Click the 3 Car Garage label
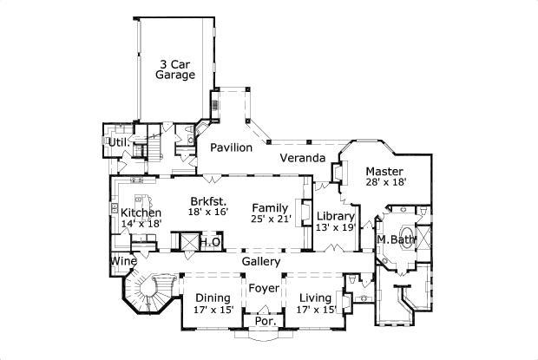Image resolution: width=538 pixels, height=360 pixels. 174,69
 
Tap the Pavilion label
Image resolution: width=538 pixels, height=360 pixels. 231,147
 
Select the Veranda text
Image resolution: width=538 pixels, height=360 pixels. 302,158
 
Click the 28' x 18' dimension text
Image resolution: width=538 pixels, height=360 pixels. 386,183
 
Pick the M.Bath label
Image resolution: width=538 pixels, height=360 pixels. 396,239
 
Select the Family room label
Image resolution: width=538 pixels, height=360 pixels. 268,207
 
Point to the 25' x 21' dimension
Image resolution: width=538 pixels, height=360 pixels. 268,219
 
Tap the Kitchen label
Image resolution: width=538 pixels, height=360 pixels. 140,213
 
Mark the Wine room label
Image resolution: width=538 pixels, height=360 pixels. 122,260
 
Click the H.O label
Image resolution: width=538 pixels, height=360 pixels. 210,242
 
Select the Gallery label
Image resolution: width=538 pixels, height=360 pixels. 260,261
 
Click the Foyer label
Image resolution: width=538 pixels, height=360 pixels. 264,287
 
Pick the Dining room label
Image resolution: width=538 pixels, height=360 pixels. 213,298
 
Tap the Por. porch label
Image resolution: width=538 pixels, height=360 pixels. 263,322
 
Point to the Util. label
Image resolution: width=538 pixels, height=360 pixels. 116,141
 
